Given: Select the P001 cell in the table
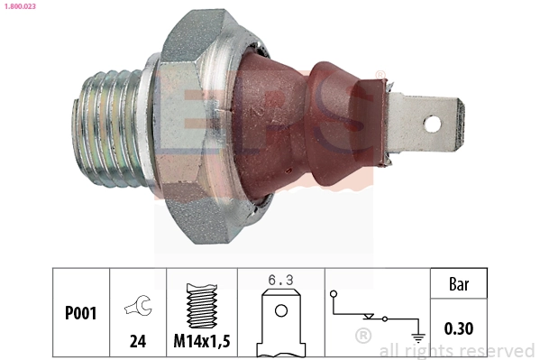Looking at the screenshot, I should point(80,313).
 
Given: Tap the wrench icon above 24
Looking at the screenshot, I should point(137,307).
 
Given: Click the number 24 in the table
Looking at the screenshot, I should point(138,341).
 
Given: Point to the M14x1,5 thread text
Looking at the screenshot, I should point(201,341).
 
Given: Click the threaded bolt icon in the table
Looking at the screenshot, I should point(201,303).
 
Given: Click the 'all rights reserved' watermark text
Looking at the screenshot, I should point(456,350).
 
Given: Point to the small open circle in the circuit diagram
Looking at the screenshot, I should point(333,293).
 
